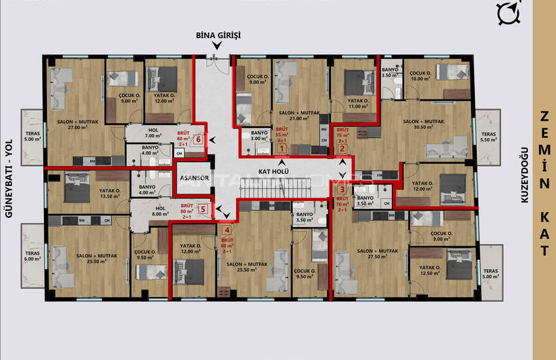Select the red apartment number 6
click(x=198, y=139)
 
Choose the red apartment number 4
click(x=227, y=230)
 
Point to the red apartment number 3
click(x=341, y=191)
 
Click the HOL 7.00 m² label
click(x=154, y=133)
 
